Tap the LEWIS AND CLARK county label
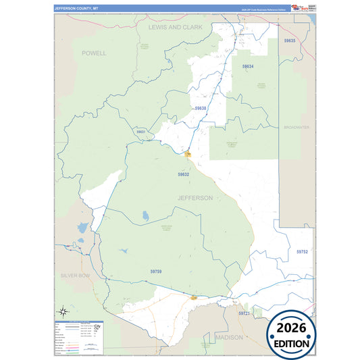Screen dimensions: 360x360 [x=175, y=26]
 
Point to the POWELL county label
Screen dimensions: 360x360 [x=94, y=52]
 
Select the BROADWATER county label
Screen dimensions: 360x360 [x=296, y=127]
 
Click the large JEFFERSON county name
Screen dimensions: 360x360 [x=195, y=198]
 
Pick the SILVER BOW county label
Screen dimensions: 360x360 [x=75, y=276]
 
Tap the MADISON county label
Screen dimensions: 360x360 [x=229, y=336]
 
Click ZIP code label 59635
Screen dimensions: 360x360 [x=290, y=41]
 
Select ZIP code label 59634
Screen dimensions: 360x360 [x=248, y=66]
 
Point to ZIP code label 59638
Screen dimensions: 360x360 [x=201, y=108]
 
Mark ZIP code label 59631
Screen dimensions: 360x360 [x=140, y=132]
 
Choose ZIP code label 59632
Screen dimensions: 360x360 [x=184, y=174]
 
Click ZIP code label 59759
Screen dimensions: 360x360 [x=156, y=271]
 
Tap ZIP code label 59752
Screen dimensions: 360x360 [x=302, y=251]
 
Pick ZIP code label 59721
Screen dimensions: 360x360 [x=244, y=313]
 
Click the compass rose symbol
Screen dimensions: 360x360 [x=62, y=311]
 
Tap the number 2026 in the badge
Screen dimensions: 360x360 [x=290, y=328]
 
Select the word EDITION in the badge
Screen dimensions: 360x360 [x=290, y=343]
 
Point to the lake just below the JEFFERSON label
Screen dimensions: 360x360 [x=145, y=217]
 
